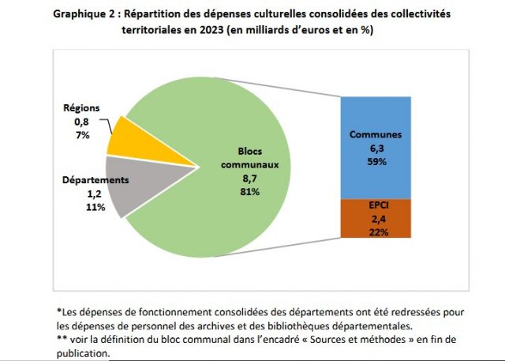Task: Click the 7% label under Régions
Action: click(83, 135)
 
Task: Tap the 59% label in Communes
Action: click(376, 161)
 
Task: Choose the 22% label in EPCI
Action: click(376, 231)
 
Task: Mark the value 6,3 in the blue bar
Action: click(376, 148)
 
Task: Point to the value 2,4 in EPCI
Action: click(376, 218)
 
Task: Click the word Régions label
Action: click(81, 107)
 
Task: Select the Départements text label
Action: click(95, 179)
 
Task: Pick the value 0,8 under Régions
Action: click(83, 122)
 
